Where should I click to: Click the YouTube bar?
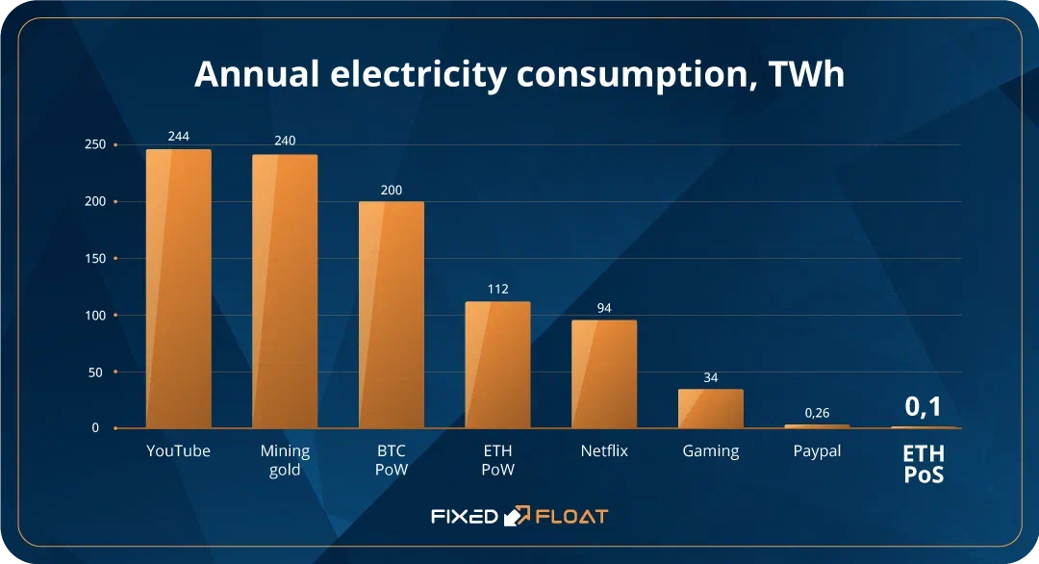(178, 289)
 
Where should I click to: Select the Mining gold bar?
(285, 291)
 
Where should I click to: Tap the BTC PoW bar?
(391, 315)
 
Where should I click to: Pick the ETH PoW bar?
(497, 365)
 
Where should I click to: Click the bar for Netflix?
(604, 373)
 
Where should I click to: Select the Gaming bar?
(711, 408)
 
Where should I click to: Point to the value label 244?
(178, 137)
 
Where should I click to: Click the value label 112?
(497, 289)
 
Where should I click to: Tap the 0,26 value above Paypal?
(817, 413)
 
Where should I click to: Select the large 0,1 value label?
(924, 407)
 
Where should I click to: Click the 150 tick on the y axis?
(95, 258)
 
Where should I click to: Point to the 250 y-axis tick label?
(95, 144)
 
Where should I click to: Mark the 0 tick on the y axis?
(95, 427)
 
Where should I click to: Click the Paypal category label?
(817, 450)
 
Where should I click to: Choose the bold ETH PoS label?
(924, 463)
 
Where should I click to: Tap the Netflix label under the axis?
(604, 450)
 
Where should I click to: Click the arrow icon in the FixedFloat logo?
(518, 516)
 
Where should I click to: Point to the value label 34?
(711, 377)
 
